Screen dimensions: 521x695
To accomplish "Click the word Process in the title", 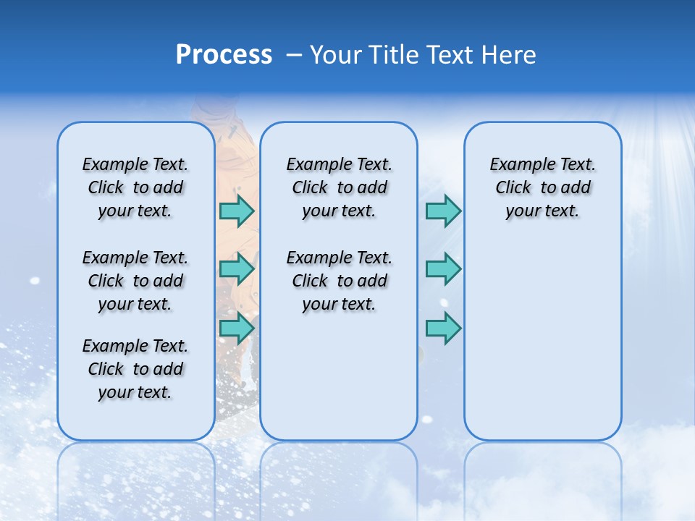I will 224,54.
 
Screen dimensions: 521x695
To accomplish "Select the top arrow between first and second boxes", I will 236,211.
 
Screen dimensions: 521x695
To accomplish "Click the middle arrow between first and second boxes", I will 236,269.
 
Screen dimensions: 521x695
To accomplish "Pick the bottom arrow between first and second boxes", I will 236,328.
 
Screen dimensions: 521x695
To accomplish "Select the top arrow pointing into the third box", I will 443,211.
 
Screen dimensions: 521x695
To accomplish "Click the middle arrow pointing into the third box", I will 443,269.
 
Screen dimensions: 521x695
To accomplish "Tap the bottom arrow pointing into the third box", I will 443,328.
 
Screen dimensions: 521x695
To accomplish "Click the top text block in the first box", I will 135,187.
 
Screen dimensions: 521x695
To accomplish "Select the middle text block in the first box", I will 135,281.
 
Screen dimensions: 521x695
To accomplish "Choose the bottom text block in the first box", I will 135,369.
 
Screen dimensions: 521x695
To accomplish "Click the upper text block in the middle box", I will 339,187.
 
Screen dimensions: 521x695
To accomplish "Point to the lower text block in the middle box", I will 339,281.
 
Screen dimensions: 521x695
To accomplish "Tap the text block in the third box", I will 543,187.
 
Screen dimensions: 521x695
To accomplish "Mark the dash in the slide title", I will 294,55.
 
